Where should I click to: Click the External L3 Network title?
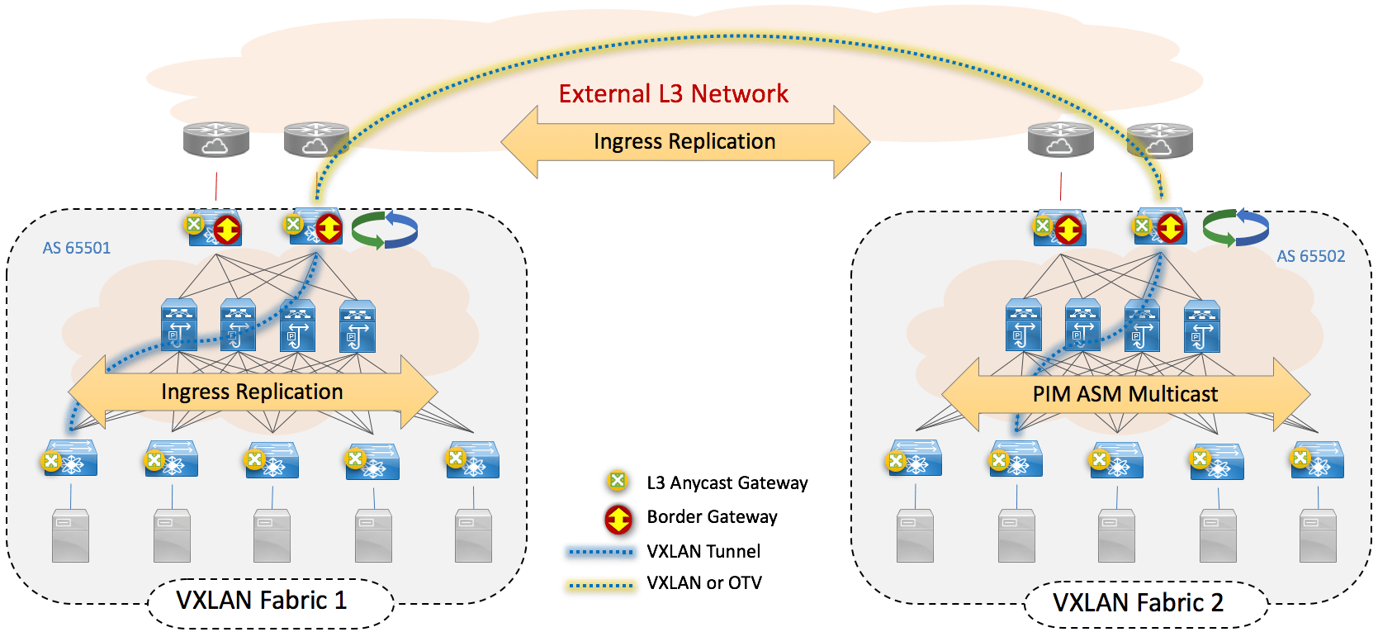click(x=673, y=94)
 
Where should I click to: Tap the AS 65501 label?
click(x=76, y=248)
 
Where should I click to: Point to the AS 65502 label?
click(x=1310, y=256)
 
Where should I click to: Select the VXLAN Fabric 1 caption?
click(x=261, y=601)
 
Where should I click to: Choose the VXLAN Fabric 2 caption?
click(x=1137, y=603)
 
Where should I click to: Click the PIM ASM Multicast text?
click(x=1125, y=394)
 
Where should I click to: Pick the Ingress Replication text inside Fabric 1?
click(x=252, y=392)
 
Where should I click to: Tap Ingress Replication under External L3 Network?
click(x=684, y=141)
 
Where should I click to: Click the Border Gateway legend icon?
click(x=618, y=518)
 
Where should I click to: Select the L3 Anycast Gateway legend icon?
click(x=617, y=482)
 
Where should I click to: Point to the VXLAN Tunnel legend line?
click(x=600, y=551)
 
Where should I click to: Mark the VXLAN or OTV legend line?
click(x=600, y=585)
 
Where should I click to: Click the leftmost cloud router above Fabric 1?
click(x=215, y=139)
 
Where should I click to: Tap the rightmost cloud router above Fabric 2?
click(x=1159, y=139)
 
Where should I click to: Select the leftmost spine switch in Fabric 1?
click(x=179, y=326)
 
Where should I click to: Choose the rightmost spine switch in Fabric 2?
click(x=1201, y=327)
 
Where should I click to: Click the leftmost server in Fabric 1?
click(x=70, y=536)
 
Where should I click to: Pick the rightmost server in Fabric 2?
click(x=1318, y=536)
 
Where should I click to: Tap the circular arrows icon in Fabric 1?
click(x=385, y=230)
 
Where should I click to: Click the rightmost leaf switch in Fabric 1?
click(x=473, y=460)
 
